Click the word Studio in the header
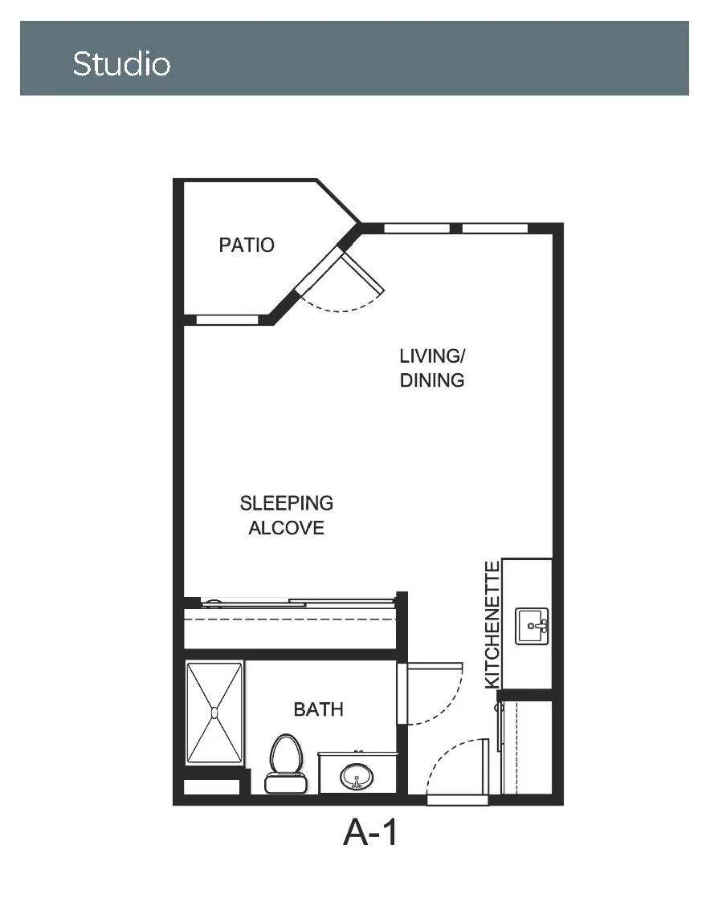point(121,63)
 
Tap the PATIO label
point(247,245)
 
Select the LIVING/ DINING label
point(432,368)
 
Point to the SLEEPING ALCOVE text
point(287,515)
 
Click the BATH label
point(318,709)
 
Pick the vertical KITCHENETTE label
point(492,624)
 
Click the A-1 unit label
point(370,832)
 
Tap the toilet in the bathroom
point(286,763)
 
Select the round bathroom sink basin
point(356,776)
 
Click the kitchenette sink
point(532,626)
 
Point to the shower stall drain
point(214,713)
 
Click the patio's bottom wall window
point(226,319)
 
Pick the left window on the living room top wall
point(417,228)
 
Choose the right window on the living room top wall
point(495,228)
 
